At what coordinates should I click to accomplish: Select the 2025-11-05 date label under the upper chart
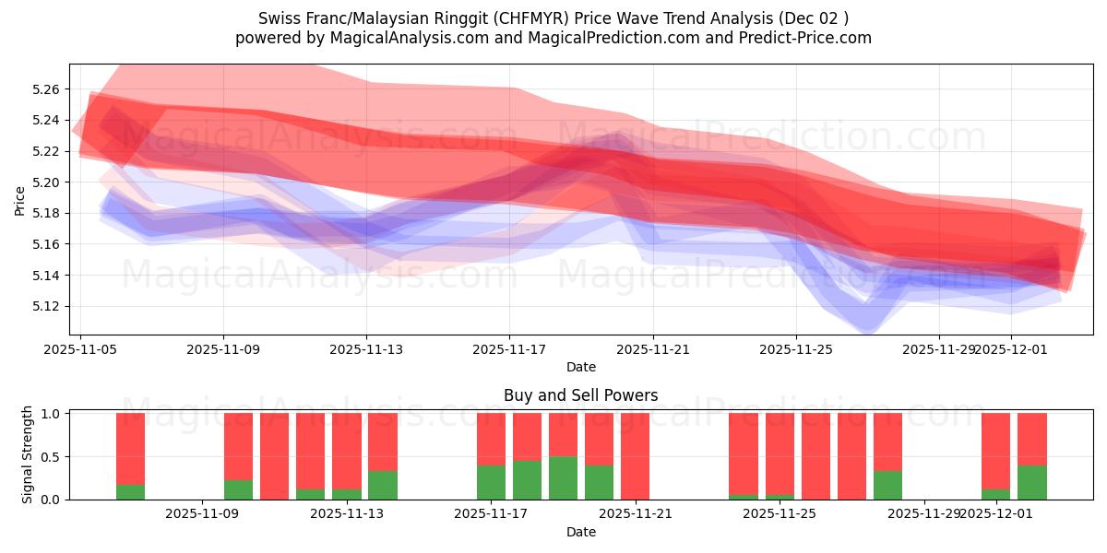pos(80,350)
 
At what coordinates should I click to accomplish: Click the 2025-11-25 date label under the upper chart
pos(796,350)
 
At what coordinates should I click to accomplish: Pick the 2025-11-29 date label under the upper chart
pos(938,350)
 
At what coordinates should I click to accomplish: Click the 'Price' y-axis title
pos(20,199)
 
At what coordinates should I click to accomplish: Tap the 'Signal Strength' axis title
pos(28,454)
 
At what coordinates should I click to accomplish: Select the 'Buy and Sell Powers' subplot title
pos(580,395)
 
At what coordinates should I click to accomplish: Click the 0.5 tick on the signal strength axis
pos(51,456)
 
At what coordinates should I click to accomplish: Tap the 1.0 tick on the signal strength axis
pos(51,414)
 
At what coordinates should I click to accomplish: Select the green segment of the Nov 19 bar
pos(563,478)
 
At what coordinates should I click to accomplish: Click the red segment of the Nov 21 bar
pos(635,456)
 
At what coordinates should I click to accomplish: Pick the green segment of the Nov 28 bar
pos(887,486)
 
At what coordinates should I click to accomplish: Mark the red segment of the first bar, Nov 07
pos(131,448)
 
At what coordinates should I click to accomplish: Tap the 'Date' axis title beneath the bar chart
pos(580,532)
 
